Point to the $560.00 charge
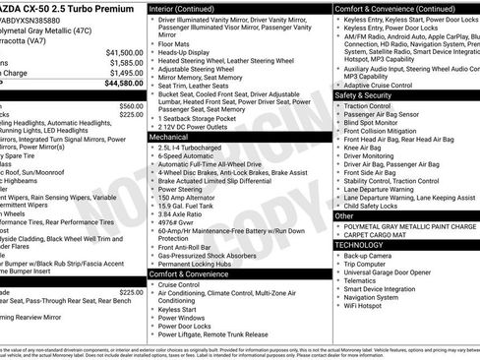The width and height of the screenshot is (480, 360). point(130,105)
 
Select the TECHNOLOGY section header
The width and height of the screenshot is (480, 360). point(360,243)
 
